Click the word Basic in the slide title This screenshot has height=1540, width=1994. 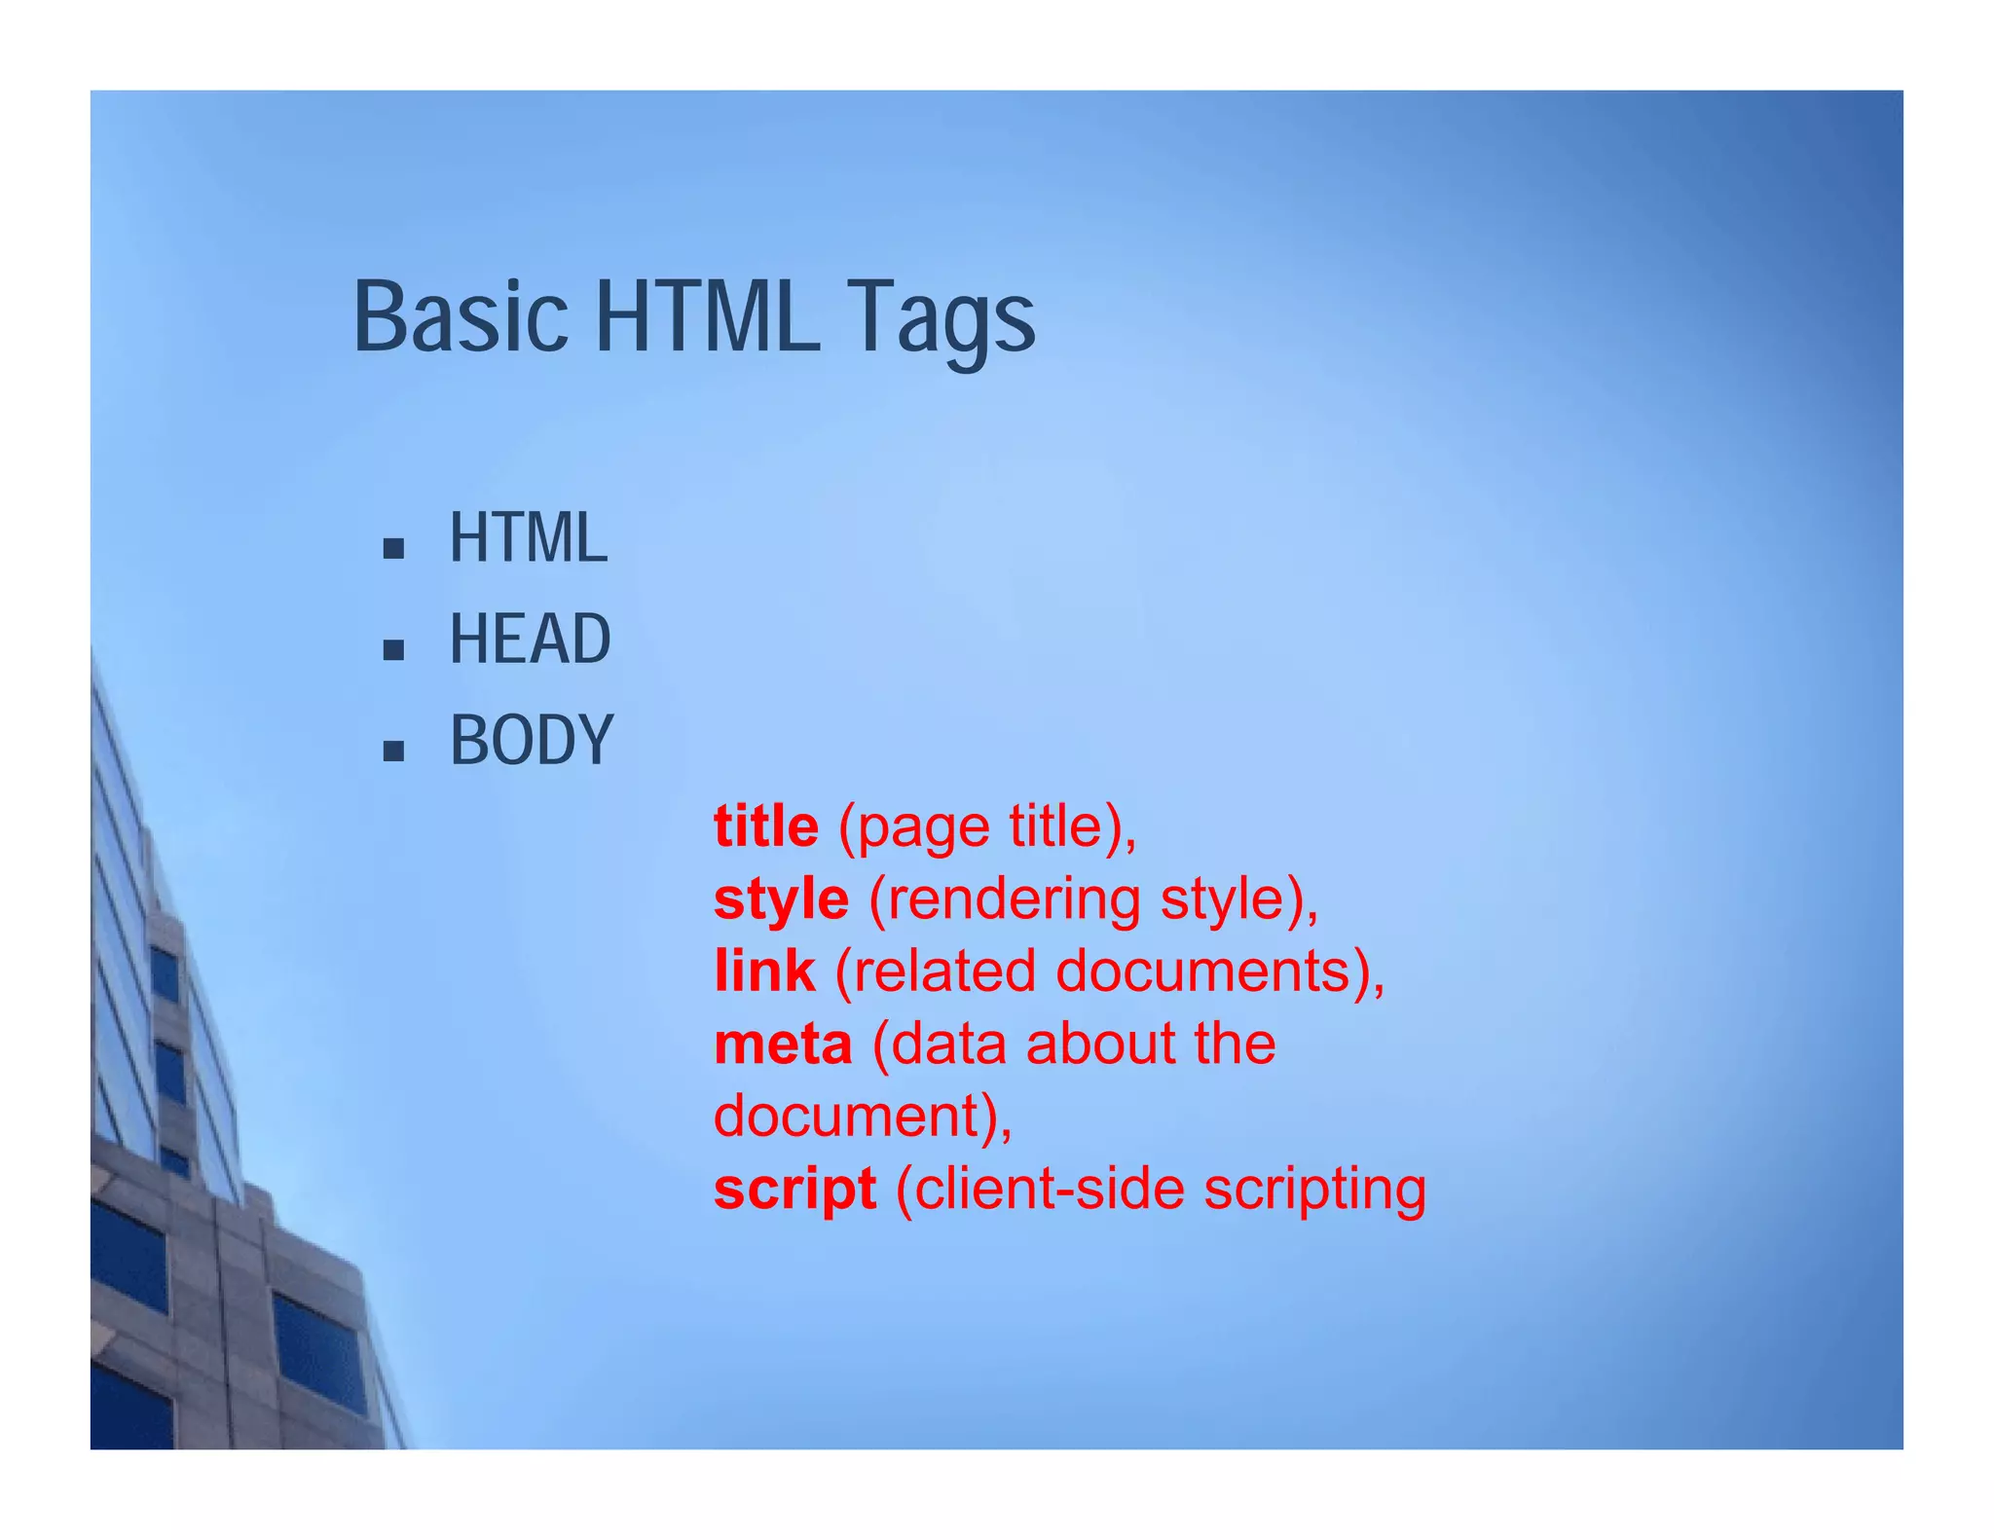pyautogui.click(x=460, y=317)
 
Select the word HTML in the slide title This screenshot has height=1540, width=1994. pyautogui.click(x=707, y=317)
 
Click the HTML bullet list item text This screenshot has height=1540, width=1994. pyautogui.click(x=528, y=538)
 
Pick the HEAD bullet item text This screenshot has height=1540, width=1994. pyautogui.click(x=530, y=640)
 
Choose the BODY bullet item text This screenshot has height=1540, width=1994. pyautogui.click(x=532, y=741)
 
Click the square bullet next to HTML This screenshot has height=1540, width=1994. pyautogui.click(x=393, y=549)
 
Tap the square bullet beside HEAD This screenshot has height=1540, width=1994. pyautogui.click(x=393, y=650)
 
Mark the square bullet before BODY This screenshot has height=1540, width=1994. pyautogui.click(x=393, y=752)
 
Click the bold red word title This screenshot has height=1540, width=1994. pyautogui.click(x=766, y=827)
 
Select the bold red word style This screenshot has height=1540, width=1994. pyautogui.click(x=781, y=899)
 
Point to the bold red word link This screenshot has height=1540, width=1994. pyautogui.click(x=764, y=972)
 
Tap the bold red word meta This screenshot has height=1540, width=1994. pyautogui.click(x=783, y=1045)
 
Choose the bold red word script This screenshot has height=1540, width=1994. pyautogui.click(x=794, y=1190)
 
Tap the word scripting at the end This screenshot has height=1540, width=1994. pyautogui.click(x=1314, y=1190)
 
